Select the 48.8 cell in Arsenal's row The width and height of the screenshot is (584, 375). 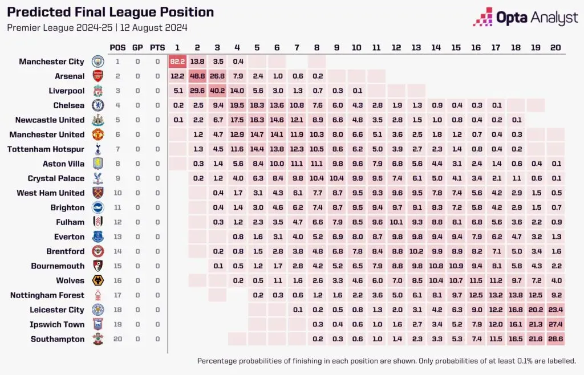197,76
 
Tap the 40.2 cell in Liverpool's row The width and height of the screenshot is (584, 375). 217,91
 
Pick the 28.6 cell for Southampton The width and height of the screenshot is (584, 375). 555,339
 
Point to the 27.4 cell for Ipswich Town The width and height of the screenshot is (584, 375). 555,324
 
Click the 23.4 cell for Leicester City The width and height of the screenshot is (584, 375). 555,310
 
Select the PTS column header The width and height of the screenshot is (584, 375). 157,47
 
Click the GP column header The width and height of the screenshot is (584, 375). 137,47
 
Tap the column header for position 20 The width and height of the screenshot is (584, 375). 555,47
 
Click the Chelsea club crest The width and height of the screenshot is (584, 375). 98,105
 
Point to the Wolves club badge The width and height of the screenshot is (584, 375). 98,280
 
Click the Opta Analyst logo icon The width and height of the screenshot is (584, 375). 483,17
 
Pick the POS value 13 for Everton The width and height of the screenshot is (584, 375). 117,237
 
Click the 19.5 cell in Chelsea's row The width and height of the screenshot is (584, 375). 237,105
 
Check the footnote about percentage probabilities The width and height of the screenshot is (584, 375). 386,361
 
